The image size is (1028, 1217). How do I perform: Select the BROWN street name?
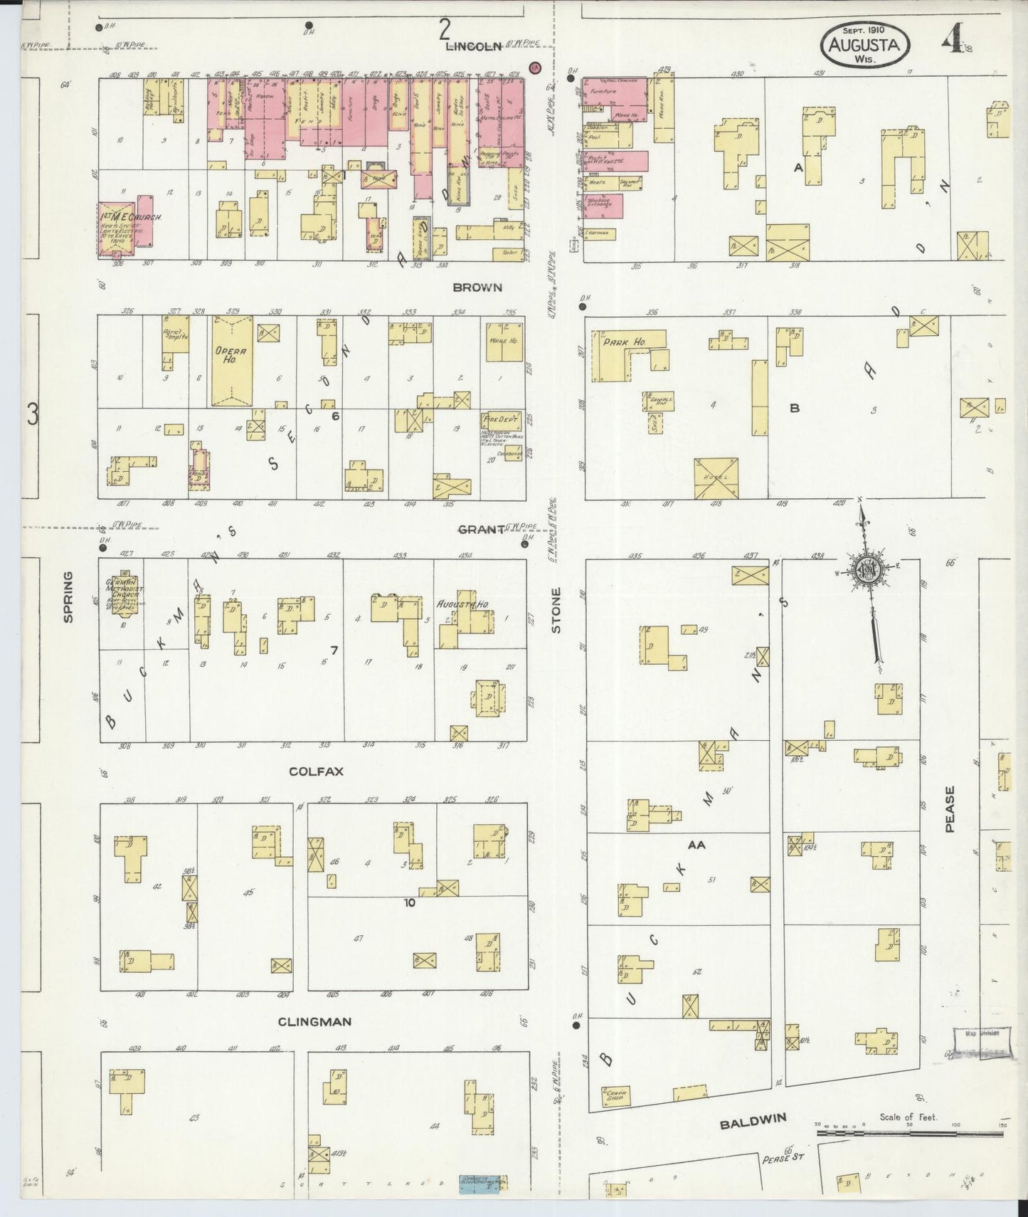[477, 288]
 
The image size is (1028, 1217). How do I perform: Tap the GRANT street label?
[480, 530]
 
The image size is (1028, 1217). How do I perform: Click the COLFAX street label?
[312, 771]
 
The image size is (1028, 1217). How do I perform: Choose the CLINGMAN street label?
[314, 1021]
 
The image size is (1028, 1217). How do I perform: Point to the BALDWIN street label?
[753, 1124]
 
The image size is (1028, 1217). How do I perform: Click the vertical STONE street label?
[556, 610]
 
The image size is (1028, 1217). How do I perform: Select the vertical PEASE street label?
[950, 809]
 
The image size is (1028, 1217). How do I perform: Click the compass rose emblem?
[869, 571]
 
